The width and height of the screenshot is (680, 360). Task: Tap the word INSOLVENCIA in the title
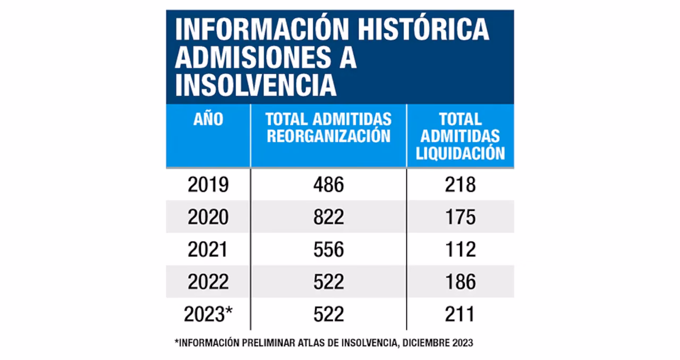pyautogui.click(x=256, y=85)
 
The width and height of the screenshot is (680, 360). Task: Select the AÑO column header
pyautogui.click(x=208, y=119)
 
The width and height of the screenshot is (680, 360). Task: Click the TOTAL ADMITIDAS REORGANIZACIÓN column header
pyautogui.click(x=328, y=127)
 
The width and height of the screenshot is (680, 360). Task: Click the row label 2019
pyautogui.click(x=208, y=185)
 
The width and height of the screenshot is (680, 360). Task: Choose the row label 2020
pyautogui.click(x=208, y=217)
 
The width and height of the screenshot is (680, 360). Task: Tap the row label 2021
pyautogui.click(x=208, y=250)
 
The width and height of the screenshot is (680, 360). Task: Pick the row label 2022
pyautogui.click(x=208, y=282)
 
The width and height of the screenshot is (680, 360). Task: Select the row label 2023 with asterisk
pyautogui.click(x=209, y=314)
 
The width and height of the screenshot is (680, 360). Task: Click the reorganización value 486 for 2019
pyautogui.click(x=328, y=185)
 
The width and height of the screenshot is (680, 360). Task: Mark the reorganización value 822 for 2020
pyautogui.click(x=328, y=217)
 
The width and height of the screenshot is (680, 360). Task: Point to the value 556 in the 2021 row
pyautogui.click(x=328, y=250)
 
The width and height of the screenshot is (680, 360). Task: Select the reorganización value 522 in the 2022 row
pyautogui.click(x=328, y=282)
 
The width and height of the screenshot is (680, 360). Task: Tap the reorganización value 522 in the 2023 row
pyautogui.click(x=328, y=314)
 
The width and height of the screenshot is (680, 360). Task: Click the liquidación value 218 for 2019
pyautogui.click(x=460, y=185)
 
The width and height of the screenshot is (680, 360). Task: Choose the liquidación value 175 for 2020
pyautogui.click(x=460, y=217)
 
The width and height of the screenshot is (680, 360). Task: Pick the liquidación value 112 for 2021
pyautogui.click(x=460, y=250)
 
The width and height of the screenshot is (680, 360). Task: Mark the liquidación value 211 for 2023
pyautogui.click(x=460, y=314)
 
